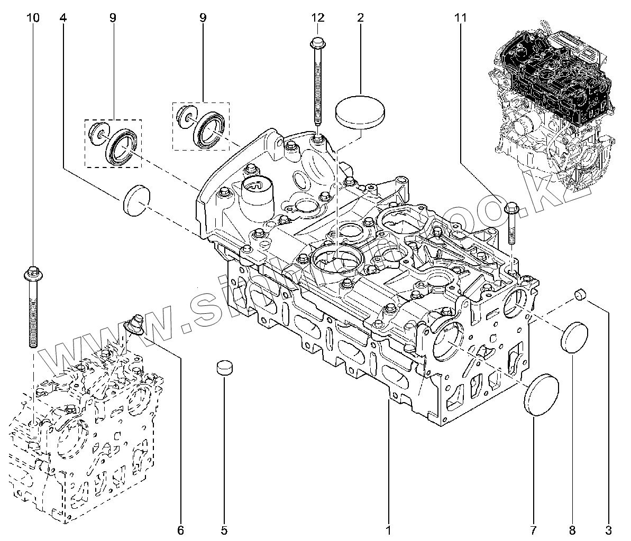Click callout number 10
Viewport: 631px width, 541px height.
coord(33,17)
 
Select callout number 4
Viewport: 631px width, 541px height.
coord(63,17)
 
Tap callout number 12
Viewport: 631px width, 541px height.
coord(317,17)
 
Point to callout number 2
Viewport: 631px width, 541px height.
coord(360,17)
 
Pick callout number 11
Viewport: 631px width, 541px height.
coord(460,17)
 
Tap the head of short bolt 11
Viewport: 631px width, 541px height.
coord(511,207)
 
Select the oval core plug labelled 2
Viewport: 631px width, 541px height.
coord(360,111)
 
